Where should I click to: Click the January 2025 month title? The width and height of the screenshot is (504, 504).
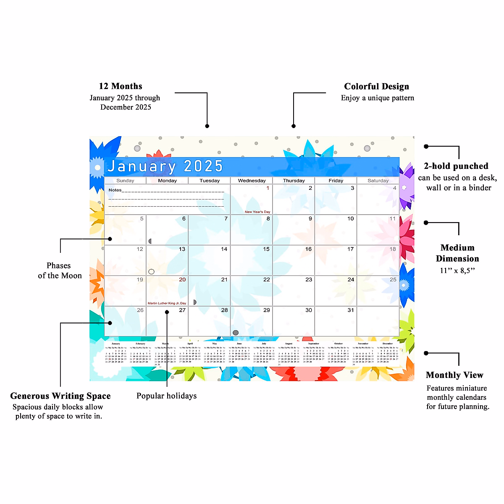pos(165,166)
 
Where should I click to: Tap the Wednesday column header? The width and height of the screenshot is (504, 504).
pos(252,181)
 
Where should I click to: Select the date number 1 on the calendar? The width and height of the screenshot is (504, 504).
pos(268,188)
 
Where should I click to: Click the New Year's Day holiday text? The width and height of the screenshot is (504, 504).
pos(257,212)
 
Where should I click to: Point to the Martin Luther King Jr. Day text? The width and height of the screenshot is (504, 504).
pos(167,303)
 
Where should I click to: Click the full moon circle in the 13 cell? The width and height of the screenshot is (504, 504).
pos(152,272)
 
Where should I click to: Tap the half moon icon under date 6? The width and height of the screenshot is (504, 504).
pos(150,241)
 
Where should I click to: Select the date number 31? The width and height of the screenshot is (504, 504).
pos(351,310)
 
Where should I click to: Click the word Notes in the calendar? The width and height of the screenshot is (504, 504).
pos(115,190)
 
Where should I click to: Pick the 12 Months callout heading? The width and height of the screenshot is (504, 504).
pos(121,86)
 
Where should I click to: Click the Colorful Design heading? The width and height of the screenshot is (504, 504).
pos(376,87)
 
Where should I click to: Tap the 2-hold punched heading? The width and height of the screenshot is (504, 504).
pos(456,166)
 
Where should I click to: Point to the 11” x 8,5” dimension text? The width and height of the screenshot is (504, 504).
pos(457,271)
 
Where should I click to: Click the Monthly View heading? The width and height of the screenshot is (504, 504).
pos(454,375)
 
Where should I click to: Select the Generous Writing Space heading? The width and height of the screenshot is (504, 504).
pos(60,396)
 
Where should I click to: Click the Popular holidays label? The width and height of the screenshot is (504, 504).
pos(166,396)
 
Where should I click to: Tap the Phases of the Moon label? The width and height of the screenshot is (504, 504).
pos(60,270)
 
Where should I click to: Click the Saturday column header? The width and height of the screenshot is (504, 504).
pos(378,181)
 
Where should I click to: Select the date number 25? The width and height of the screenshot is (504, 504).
pos(393,279)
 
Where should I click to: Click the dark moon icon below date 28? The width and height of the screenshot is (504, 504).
pos(236,333)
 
